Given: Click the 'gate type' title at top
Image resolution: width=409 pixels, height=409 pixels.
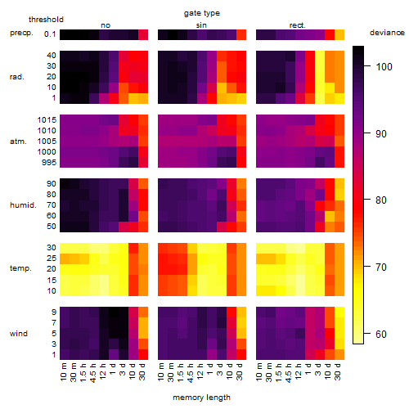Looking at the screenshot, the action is [202, 13].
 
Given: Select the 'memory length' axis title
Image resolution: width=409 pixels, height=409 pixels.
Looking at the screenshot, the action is [201, 398].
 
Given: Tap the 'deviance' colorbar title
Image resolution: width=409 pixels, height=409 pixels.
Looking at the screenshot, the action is [387, 33].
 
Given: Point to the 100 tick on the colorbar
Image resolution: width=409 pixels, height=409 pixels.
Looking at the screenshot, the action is [367, 66].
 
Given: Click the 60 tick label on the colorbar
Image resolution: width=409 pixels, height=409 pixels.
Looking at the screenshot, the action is [381, 334].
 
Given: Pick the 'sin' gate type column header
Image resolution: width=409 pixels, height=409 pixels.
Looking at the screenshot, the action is [201, 25].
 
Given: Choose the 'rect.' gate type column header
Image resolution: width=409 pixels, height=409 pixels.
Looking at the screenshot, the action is [298, 25].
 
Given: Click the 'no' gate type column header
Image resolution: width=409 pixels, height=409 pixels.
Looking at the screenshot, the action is [106, 25].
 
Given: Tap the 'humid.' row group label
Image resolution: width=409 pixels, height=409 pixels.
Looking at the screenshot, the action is [23, 205].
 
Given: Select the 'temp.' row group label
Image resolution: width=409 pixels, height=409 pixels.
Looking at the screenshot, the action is [20, 268].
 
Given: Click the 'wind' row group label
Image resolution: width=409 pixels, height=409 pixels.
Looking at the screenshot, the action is [19, 334].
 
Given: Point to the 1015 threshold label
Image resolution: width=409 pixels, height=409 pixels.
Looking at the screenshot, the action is [47, 120].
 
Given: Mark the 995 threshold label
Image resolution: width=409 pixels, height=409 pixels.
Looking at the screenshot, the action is [49, 163].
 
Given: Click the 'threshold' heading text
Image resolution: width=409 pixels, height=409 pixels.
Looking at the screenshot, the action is [46, 20].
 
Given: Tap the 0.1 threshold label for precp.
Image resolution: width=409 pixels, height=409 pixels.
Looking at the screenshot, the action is [50, 34].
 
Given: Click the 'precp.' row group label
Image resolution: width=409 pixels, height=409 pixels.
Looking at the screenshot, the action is [21, 33].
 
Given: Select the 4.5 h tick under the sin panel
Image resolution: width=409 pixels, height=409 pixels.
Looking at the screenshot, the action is [191, 372].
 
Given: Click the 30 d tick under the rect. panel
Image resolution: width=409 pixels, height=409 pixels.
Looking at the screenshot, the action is [338, 371].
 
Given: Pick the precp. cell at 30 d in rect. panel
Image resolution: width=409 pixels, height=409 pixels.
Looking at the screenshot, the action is [339, 34].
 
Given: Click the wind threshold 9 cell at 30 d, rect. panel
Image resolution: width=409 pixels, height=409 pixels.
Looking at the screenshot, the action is [339, 312].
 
